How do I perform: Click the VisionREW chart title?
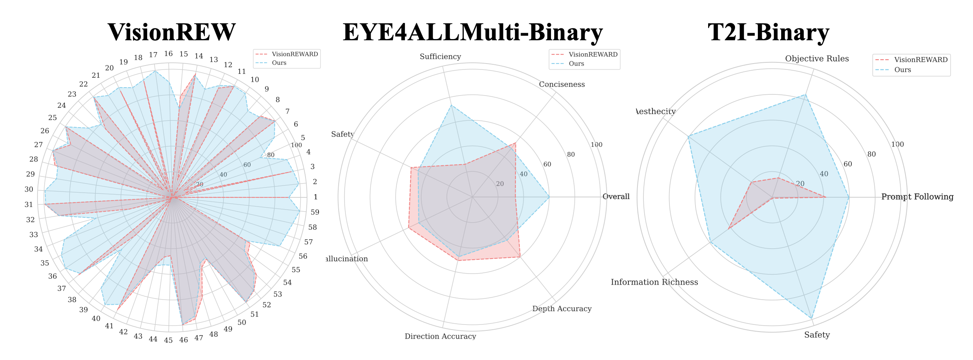pos(172,32)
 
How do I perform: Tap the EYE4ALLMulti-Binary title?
pos(472,32)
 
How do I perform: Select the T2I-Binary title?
pos(768,32)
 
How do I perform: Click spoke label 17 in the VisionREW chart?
pos(153,55)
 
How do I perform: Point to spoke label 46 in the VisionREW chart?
pos(184,340)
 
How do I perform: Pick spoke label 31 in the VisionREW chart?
pos(29,205)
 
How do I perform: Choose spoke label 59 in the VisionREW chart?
pos(315,212)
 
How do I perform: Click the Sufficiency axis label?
pos(440,57)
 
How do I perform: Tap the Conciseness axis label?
pos(562,84)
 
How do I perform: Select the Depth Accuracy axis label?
pos(562,309)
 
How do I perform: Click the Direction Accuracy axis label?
pos(440,336)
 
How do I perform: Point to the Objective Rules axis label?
pos(817,59)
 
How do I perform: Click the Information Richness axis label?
pos(654,282)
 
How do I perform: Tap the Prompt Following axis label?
pos(917,197)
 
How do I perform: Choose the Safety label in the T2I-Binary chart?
pos(817,335)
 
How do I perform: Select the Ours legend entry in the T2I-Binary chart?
pos(902,70)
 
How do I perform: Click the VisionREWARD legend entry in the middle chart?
pos(592,54)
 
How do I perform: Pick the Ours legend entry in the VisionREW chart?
pos(279,63)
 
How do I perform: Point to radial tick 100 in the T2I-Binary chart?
pos(897,144)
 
